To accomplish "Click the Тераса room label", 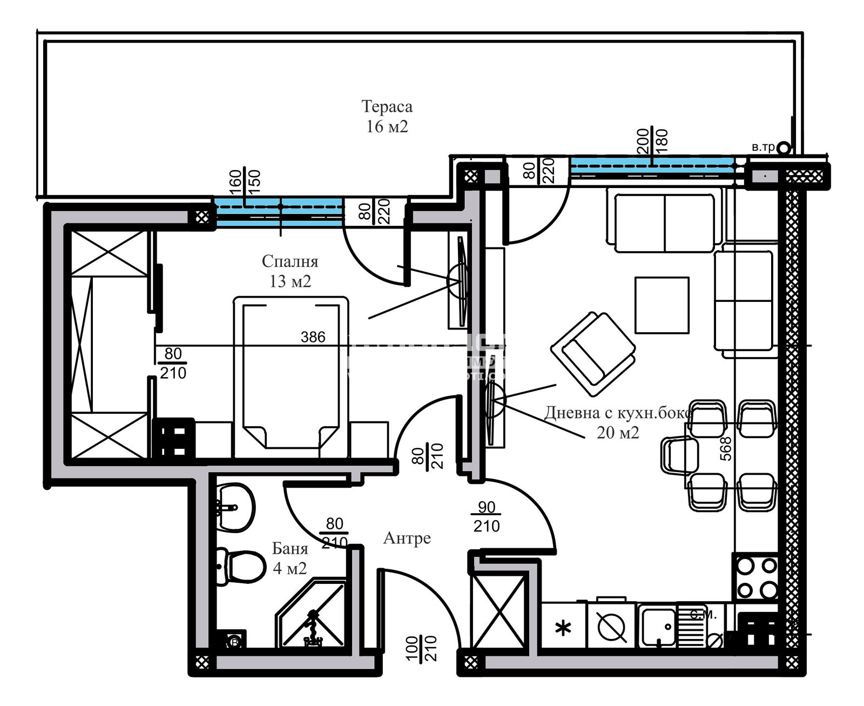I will (387, 107).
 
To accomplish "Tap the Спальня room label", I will (290, 262).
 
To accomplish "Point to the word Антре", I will (407, 538).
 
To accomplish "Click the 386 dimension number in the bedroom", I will (313, 337).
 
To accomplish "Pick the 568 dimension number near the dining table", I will (726, 448).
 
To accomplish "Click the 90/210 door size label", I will (486, 516).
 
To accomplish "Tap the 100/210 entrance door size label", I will (421, 648).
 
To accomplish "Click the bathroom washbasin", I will (236, 507).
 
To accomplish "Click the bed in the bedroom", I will (291, 373).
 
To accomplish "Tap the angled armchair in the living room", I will (592, 354).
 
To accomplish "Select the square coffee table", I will (661, 305).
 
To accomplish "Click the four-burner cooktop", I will (755, 577).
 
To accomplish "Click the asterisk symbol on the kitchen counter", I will (563, 628).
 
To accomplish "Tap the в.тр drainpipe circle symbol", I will (784, 147).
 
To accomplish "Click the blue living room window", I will (652, 166).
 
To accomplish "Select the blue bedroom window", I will (279, 212).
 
